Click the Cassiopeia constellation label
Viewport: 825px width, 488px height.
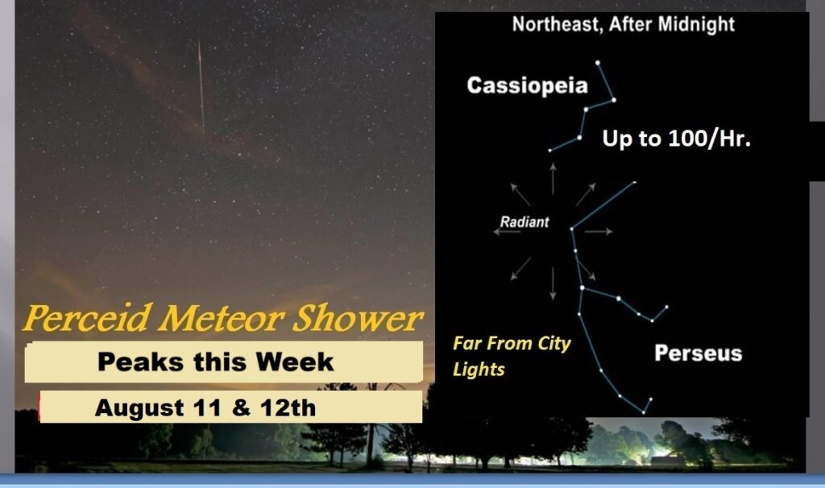point(527,85)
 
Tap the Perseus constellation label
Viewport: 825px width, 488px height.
point(699,354)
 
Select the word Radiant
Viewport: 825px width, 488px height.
point(524,222)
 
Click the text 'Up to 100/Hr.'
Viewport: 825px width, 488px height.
point(676,139)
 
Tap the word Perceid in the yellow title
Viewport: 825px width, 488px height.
point(88,317)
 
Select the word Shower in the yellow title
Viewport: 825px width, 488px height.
point(357,317)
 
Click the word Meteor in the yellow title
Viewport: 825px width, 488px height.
point(222,317)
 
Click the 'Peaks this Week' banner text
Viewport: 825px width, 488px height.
point(216,362)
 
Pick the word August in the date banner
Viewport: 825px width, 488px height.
point(139,408)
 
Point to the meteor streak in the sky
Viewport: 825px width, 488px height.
point(201,87)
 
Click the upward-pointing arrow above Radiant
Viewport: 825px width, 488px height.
point(553,179)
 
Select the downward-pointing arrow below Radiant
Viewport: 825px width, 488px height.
point(553,283)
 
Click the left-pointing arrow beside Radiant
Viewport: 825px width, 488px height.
point(507,232)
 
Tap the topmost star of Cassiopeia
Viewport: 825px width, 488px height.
point(598,63)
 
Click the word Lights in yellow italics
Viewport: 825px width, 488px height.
point(479,370)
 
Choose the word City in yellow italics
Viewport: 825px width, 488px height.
point(554,344)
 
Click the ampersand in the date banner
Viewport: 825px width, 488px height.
point(241,408)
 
